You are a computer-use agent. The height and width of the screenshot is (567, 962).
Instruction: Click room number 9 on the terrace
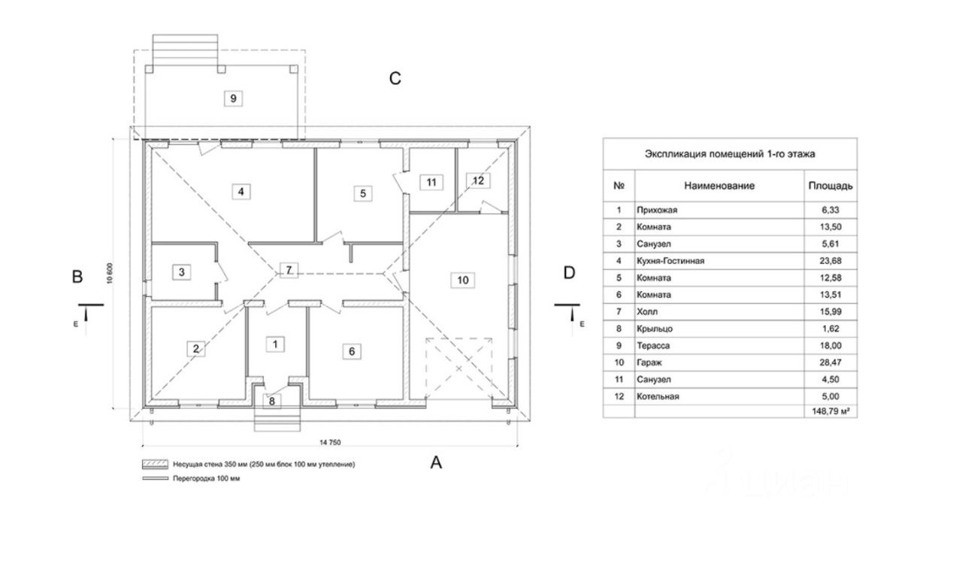pos(233,99)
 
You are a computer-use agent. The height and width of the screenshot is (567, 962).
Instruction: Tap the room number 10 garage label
pos(462,280)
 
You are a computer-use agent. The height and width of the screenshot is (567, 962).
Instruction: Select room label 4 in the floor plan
pos(240,192)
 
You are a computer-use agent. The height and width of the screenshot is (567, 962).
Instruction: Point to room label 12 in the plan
pos(479,180)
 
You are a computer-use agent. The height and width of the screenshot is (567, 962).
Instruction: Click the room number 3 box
pos(182,271)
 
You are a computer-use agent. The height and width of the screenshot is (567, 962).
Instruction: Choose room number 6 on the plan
pos(350,350)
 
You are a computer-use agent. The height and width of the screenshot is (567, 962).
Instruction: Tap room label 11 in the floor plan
pos(430,182)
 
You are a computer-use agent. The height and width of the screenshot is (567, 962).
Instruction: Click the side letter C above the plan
pos(395,79)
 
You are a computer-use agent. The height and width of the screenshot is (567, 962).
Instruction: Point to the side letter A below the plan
pos(436,463)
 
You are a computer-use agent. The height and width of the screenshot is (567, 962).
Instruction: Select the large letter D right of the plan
pos(569,272)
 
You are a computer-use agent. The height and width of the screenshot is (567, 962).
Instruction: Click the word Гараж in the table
pos(649,363)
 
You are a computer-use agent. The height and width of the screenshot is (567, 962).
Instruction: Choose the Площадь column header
pos(830,185)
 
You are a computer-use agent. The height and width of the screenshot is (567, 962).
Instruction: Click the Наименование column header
pos(718,185)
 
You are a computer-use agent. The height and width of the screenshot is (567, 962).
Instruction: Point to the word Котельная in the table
pos(658,396)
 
